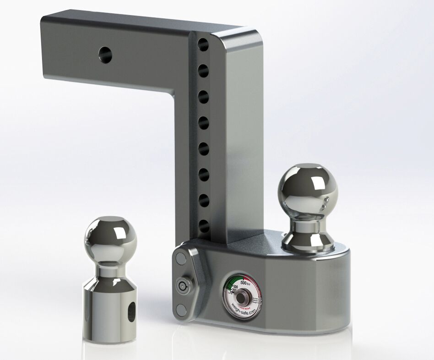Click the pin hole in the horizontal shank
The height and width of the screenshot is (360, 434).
coord(104,54)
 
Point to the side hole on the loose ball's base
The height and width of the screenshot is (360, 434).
coord(132,311)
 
